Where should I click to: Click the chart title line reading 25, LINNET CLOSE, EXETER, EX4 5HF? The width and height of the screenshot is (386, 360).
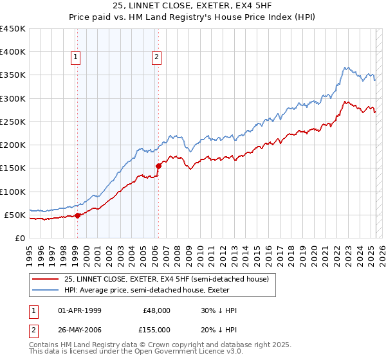pyautogui.click(x=193, y=6)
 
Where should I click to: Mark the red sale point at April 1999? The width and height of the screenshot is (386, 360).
pyautogui.click(x=77, y=216)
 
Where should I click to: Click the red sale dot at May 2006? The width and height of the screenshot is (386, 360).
pyautogui.click(x=158, y=166)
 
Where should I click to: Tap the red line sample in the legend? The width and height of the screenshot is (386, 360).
pyautogui.click(x=46, y=279)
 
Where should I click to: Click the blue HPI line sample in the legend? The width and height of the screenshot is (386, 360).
pyautogui.click(x=46, y=290)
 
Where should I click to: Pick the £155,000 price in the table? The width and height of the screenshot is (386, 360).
pyautogui.click(x=156, y=328)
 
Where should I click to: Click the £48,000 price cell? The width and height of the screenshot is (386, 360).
pyautogui.click(x=156, y=310)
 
